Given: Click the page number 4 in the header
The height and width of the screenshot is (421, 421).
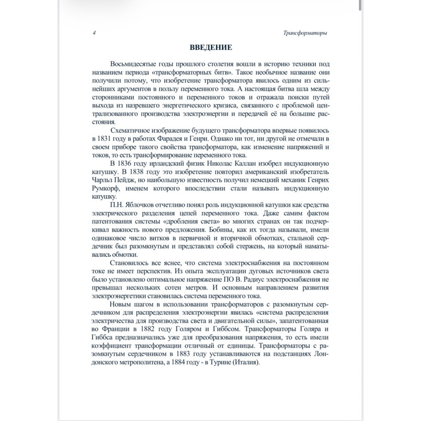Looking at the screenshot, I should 93,33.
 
